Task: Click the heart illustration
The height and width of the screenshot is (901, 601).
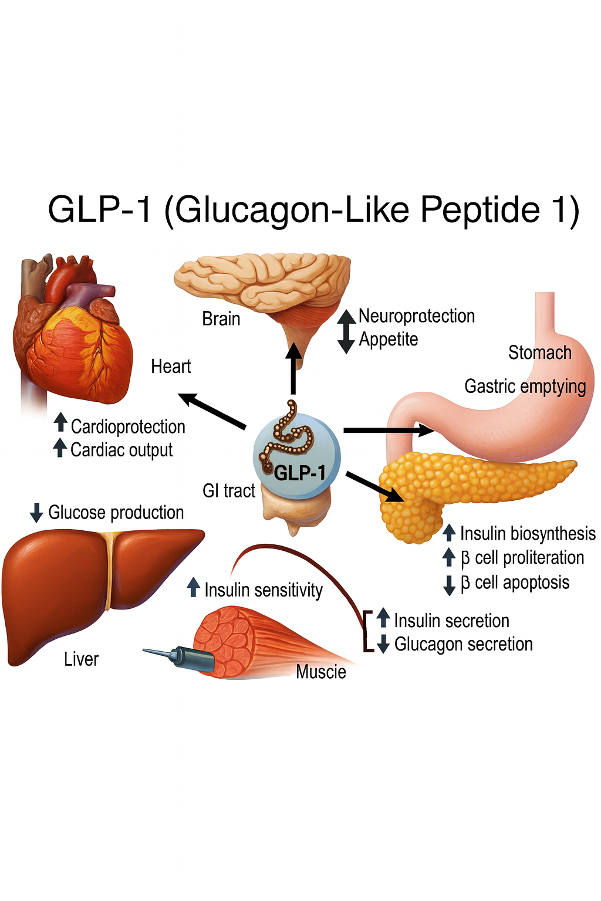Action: pyautogui.click(x=70, y=334)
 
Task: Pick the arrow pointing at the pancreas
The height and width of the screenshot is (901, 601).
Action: pyautogui.click(x=376, y=487)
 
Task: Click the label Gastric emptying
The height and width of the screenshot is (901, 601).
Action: pyautogui.click(x=525, y=387)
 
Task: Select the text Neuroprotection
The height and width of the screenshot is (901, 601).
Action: pyautogui.click(x=417, y=316)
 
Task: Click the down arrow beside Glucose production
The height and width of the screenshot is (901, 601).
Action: pyautogui.click(x=36, y=513)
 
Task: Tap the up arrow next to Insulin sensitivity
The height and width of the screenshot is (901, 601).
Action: pyautogui.click(x=193, y=587)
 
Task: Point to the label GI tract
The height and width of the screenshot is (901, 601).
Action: pyautogui.click(x=229, y=491)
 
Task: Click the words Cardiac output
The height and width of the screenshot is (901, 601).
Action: pyautogui.click(x=121, y=450)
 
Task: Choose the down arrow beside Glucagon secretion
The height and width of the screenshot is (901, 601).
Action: pyautogui.click(x=383, y=644)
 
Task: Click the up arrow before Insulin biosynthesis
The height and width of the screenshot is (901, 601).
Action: pyautogui.click(x=449, y=533)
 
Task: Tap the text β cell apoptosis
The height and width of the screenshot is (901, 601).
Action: pyautogui.click(x=515, y=582)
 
